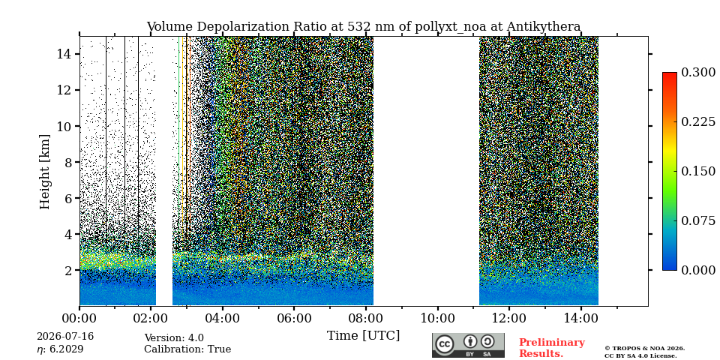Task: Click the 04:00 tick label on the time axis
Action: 223,318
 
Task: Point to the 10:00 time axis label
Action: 436,318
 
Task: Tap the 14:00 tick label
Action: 580,318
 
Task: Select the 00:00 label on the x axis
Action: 79,318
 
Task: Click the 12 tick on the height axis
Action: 64,90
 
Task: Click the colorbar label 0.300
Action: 698,73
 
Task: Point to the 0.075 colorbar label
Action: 698,220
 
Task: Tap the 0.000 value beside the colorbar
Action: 698,270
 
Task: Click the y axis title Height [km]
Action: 44,172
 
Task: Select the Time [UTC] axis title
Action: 363,336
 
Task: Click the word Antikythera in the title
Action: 544,27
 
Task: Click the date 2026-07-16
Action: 65,337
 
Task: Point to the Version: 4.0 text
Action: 174,338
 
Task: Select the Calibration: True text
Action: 187,349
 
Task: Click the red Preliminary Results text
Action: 552,347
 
